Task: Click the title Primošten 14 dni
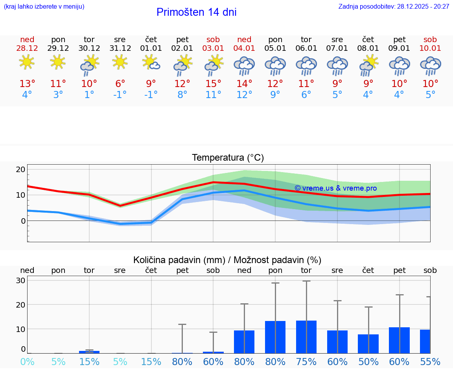tap(196, 12)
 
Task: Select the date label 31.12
tap(120, 48)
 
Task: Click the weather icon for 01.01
tap(151, 63)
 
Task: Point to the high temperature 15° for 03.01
tap(213, 84)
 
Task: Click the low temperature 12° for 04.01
tap(244, 95)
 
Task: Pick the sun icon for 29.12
tap(58, 62)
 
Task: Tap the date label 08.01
tap(368, 48)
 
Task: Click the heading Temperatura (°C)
tap(228, 158)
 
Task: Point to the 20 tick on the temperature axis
tap(20, 170)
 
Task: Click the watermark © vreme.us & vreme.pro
tap(335, 188)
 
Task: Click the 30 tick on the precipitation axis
tap(20, 280)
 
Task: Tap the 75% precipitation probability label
tap(306, 362)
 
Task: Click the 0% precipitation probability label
tap(27, 362)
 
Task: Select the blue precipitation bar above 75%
tap(306, 337)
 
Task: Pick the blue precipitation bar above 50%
tap(368, 343)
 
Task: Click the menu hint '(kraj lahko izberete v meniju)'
tap(44, 7)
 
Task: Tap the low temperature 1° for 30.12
tap(89, 95)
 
